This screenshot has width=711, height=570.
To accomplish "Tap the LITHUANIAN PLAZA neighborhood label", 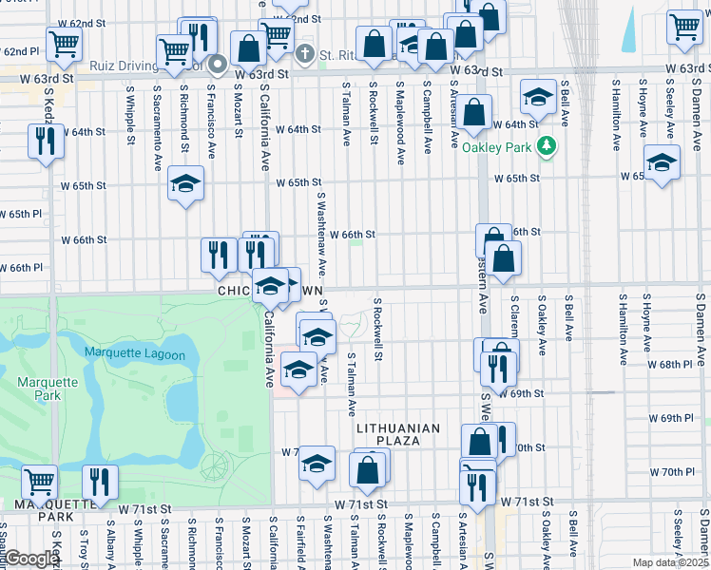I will point(398,429).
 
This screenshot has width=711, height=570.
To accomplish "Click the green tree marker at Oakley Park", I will point(546,146).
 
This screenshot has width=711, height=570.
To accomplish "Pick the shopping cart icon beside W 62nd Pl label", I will point(64,42).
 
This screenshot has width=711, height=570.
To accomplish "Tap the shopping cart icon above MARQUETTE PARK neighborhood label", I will point(39,481).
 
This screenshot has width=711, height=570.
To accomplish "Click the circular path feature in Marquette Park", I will point(215,465).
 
